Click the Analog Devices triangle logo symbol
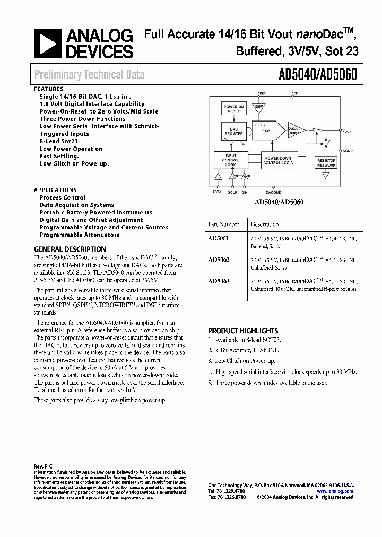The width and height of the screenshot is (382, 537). (x=48, y=44)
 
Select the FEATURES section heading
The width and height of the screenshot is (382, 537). (x=49, y=89)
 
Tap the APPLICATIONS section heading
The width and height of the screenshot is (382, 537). (x=55, y=190)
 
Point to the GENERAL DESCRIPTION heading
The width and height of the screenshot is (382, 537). (x=70, y=249)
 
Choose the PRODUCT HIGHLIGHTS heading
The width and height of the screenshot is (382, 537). (x=243, y=331)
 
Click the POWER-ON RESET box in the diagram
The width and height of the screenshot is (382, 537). (x=234, y=109)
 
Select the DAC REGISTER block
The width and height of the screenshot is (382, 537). (x=233, y=131)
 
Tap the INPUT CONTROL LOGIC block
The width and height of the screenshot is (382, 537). (x=231, y=160)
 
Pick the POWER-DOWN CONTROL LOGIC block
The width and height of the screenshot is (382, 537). (x=279, y=160)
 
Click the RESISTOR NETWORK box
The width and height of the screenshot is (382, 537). (x=326, y=162)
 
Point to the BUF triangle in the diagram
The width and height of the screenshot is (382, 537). (x=259, y=107)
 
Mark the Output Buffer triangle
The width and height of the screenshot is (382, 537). (x=296, y=129)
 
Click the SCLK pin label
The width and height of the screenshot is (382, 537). (x=232, y=192)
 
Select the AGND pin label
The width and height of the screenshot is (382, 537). (x=348, y=151)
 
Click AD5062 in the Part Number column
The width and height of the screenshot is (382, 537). (x=219, y=261)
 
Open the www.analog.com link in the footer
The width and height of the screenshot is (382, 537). (x=335, y=492)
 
